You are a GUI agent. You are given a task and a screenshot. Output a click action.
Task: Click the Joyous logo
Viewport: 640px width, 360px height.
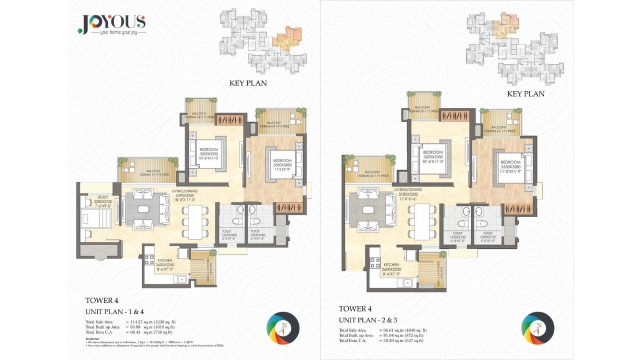tap(112, 24)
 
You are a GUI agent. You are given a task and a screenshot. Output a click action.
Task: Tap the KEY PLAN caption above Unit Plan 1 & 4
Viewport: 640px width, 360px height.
tap(248, 83)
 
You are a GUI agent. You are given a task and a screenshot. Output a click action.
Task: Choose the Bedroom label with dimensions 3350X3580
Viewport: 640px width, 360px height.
tap(510, 165)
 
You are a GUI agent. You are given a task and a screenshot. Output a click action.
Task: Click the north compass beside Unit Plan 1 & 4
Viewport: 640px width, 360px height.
tap(283, 328)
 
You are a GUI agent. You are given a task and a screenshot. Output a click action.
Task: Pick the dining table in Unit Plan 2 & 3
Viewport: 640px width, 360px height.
tap(421, 220)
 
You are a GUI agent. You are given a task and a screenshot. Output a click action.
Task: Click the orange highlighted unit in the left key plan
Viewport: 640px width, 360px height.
tap(287, 38)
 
